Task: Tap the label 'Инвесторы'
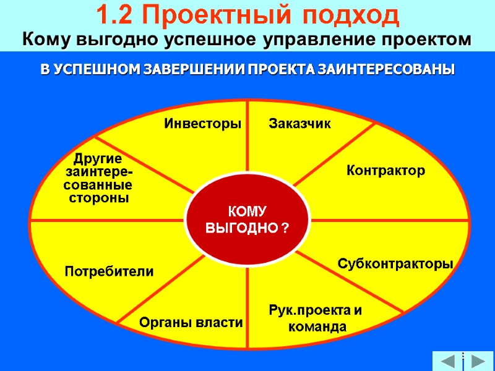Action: tap(202, 124)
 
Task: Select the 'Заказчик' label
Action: tap(300, 124)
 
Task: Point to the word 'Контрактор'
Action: tap(385, 170)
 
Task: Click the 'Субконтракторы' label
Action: tap(395, 264)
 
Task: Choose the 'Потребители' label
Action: tap(109, 271)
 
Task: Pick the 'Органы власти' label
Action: tap(191, 322)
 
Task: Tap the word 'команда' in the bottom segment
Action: tap(318, 326)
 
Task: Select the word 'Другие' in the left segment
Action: tap(98, 158)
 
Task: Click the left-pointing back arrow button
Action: tap(447, 361)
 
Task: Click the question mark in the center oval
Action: tap(285, 229)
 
